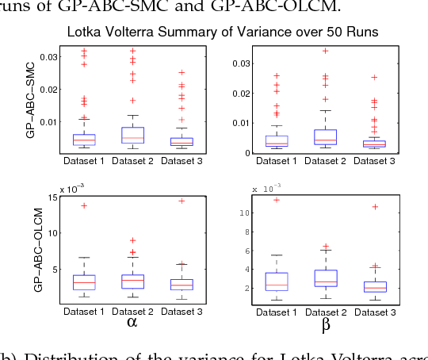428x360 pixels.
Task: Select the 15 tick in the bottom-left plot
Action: (54, 197)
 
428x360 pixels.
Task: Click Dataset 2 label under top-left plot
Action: (132, 161)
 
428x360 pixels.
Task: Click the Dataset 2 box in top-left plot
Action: (132, 136)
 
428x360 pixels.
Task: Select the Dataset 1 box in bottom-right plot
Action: (277, 282)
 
